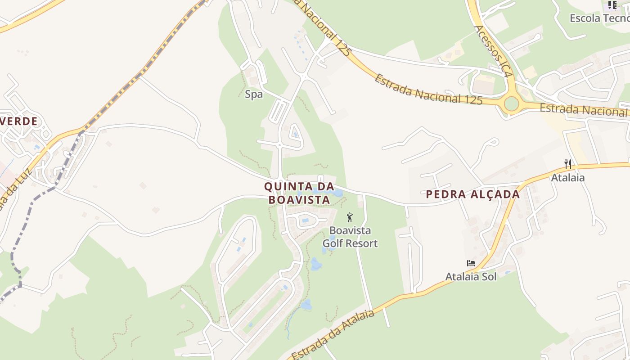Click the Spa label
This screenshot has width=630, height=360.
[254, 94]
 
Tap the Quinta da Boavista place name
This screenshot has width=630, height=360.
[299, 193]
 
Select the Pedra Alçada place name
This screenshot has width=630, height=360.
[472, 194]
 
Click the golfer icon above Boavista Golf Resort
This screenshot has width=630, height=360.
[350, 217]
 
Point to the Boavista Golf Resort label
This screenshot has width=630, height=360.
[350, 237]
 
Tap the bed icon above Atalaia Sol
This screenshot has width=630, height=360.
[471, 263]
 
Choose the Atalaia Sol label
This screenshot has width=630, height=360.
[471, 276]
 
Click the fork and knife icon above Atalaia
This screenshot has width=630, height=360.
[568, 164]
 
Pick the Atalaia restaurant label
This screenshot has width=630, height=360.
[568, 177]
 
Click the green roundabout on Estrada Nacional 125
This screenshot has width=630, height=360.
[511, 104]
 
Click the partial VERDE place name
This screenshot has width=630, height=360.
[19, 121]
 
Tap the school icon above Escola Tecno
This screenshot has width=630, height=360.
[612, 5]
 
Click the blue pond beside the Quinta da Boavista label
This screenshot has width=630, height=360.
[337, 193]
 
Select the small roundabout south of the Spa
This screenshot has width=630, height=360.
[279, 145]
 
